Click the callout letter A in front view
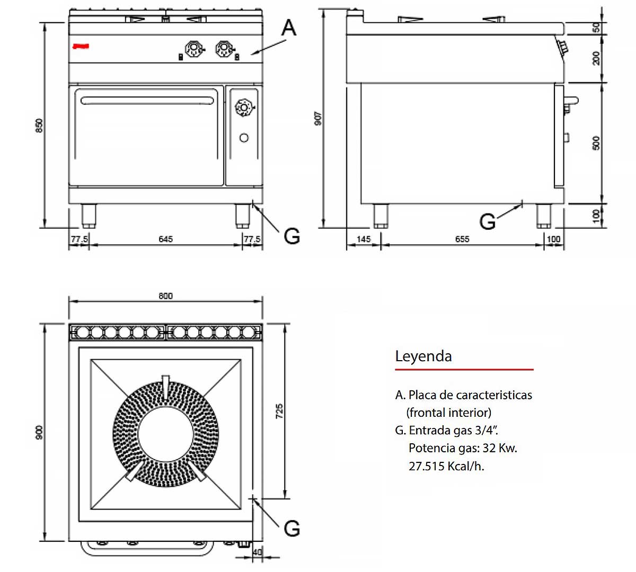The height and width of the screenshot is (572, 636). point(288,28)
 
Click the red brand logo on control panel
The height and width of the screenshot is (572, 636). point(81,47)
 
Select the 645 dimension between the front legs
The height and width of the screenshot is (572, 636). point(165,239)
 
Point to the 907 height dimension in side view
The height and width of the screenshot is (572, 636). point(317,118)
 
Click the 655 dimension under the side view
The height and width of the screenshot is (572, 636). point(462,239)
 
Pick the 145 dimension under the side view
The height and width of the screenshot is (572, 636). point(364,239)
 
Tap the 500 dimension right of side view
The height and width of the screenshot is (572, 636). point(596,143)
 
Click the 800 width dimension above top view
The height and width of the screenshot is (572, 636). point(165,296)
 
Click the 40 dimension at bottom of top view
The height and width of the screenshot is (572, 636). point(258,552)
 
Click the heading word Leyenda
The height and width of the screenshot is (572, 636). point(423,356)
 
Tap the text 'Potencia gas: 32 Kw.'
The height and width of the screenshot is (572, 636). point(463,448)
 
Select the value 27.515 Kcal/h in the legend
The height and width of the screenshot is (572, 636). point(446,466)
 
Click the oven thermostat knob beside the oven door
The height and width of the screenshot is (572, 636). point(244,108)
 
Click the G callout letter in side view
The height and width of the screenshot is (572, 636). point(487,221)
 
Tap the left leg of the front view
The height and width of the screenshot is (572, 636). point(89,216)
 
